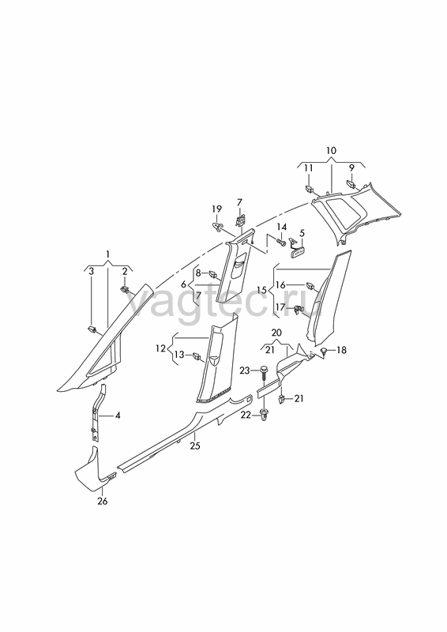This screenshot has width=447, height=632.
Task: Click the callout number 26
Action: click(x=103, y=501)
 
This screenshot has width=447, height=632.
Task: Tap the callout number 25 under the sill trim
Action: click(x=195, y=446)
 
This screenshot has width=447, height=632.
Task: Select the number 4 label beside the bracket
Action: click(x=118, y=415)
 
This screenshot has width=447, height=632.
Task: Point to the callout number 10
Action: click(x=331, y=150)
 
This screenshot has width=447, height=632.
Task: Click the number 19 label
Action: click(x=217, y=209)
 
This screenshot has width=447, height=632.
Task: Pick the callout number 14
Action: click(x=282, y=228)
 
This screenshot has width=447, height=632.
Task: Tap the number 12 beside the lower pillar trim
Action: click(x=161, y=348)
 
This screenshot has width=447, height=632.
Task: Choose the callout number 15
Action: click(x=261, y=290)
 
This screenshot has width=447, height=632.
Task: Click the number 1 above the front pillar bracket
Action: click(x=107, y=254)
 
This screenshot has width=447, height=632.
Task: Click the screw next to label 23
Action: click(x=265, y=371)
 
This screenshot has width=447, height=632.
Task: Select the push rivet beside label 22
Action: click(x=265, y=416)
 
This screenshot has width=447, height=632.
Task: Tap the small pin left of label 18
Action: click(x=324, y=352)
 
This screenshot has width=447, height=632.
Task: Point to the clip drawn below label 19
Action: click(x=218, y=226)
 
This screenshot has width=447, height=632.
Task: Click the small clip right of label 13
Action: click(x=197, y=355)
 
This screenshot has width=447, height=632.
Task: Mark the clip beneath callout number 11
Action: click(x=310, y=187)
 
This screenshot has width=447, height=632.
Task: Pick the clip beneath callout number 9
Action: click(x=351, y=184)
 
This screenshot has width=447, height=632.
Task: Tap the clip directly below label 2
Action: click(x=125, y=288)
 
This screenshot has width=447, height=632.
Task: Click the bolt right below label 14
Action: click(x=281, y=243)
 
